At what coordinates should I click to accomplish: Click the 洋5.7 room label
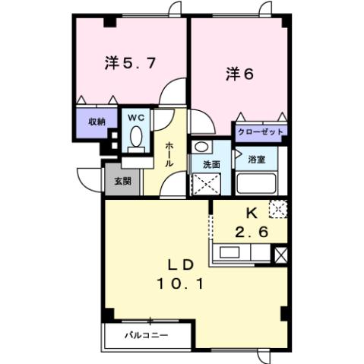pos(130,65)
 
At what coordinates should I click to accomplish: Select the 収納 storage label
pos(96,122)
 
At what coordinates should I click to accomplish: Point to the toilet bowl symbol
pos(135,137)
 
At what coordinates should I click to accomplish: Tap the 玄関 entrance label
pos(123,181)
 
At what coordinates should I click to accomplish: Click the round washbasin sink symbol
pos(201,147)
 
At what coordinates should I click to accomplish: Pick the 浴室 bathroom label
pos(256,160)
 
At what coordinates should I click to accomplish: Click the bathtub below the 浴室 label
pos(256,183)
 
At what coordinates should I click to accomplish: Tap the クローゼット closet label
pos(261,131)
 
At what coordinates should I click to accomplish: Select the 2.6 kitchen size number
pos(251,233)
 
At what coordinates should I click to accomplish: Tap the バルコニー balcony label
pos(147,334)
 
